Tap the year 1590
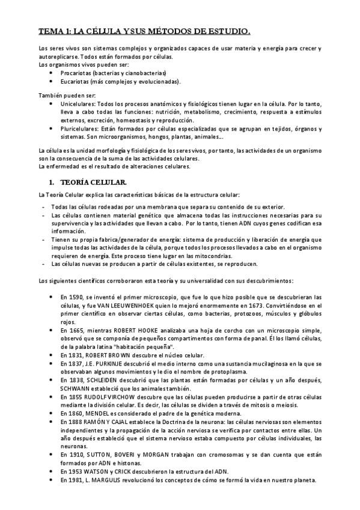click(79, 297)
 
